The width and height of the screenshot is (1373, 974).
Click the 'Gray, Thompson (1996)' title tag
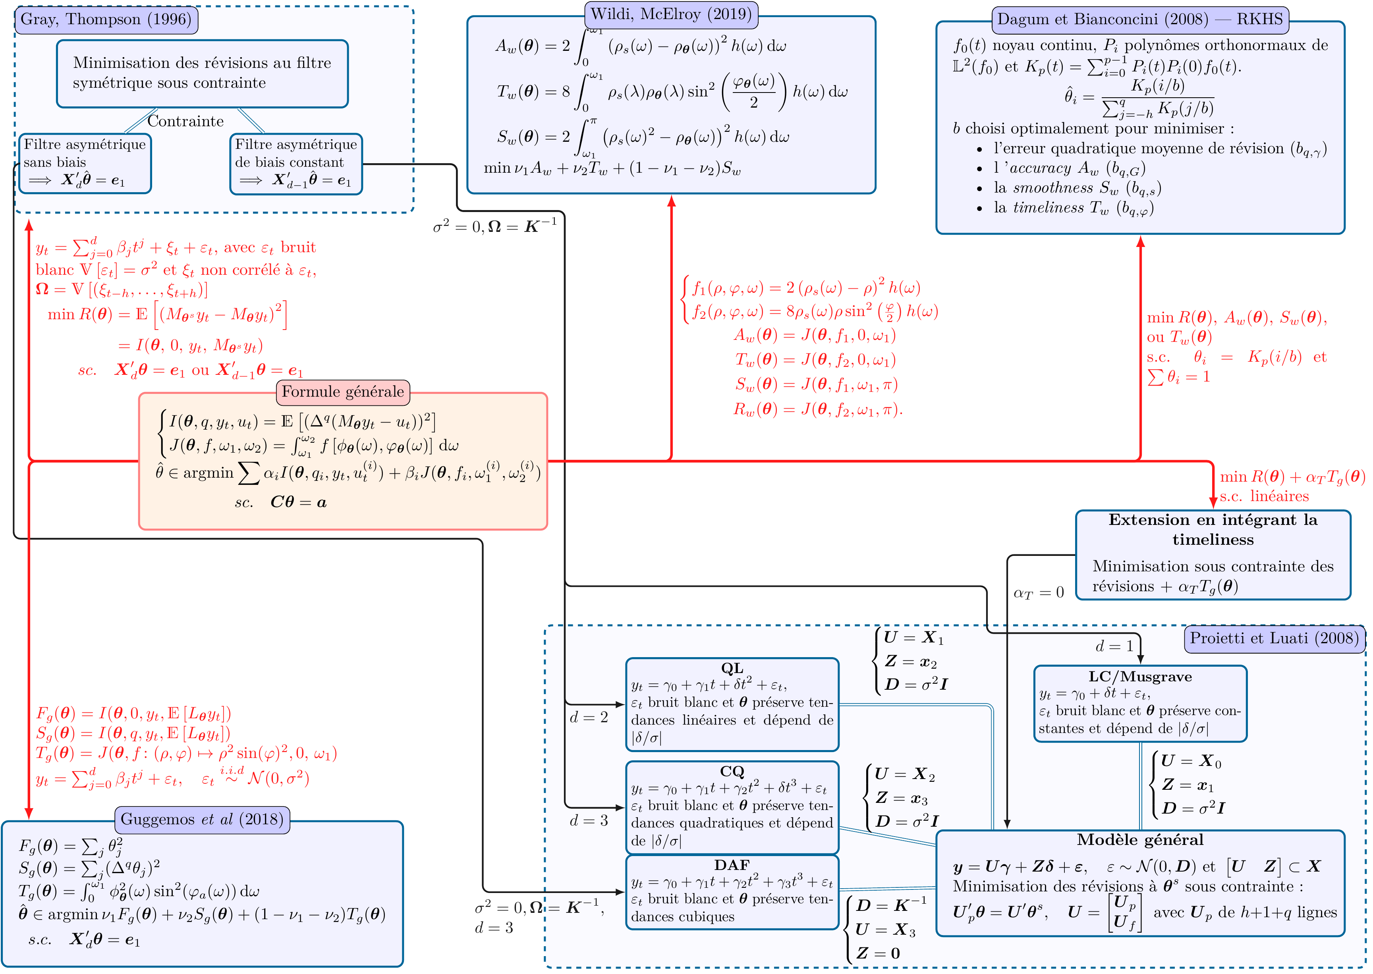tap(106, 20)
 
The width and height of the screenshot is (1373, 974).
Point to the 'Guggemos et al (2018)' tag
tap(202, 819)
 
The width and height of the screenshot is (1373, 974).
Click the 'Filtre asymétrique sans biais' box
tap(85, 163)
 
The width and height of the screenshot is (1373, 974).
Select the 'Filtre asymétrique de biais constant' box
tap(296, 163)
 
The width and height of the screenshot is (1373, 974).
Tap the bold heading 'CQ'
tap(732, 771)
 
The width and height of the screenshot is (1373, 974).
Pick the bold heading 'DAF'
tap(732, 865)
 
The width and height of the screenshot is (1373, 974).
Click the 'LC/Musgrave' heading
tap(1140, 677)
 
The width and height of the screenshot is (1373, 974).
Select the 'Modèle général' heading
tap(1140, 840)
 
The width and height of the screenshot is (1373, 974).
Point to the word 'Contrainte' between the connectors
tap(185, 121)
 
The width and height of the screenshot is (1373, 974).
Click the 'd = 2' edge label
tap(589, 717)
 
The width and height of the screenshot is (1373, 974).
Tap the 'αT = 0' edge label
tap(1038, 592)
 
